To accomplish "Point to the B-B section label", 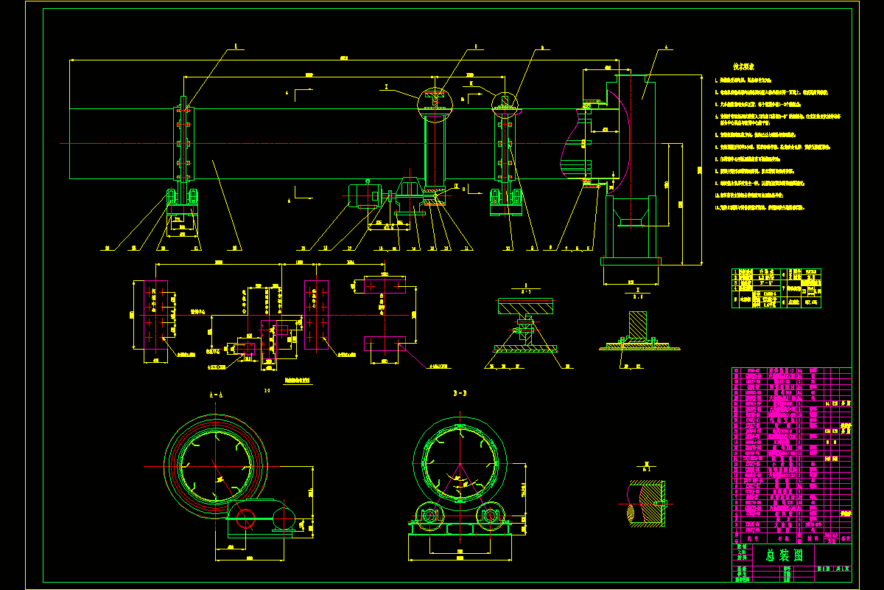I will (462, 394).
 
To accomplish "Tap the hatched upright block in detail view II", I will (637, 324).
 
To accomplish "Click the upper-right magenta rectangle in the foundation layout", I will (385, 285).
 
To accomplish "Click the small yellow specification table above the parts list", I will (776, 288).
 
